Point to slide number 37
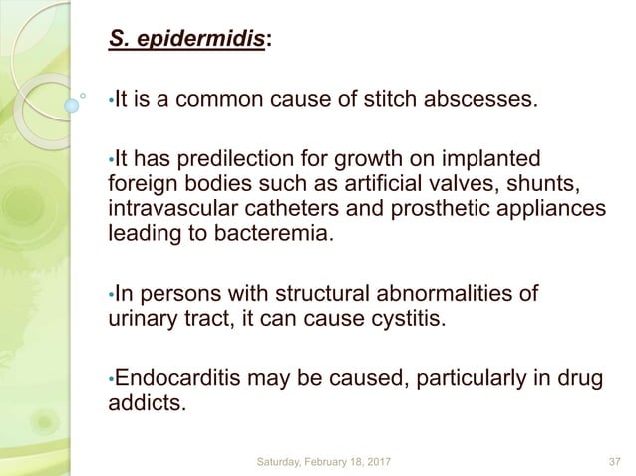click(614, 462)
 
